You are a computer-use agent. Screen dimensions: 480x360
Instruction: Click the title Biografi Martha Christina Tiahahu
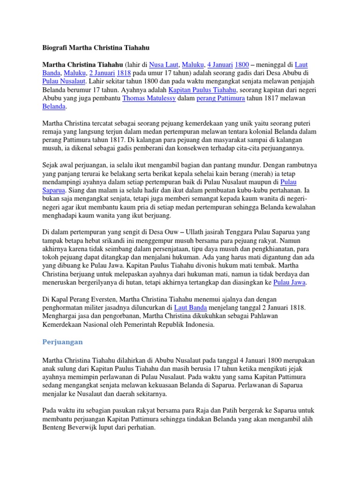[96, 47]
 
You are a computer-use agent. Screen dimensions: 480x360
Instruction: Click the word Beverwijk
[86, 428]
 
